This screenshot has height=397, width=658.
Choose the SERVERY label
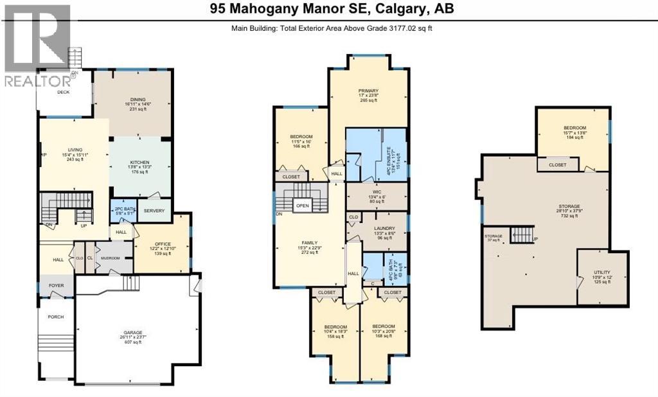click(x=154, y=211)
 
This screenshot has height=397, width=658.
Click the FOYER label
click(x=56, y=287)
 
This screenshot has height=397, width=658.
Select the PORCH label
click(x=55, y=317)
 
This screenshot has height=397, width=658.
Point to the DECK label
click(x=63, y=92)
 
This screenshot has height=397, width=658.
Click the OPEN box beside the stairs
click(x=303, y=206)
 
